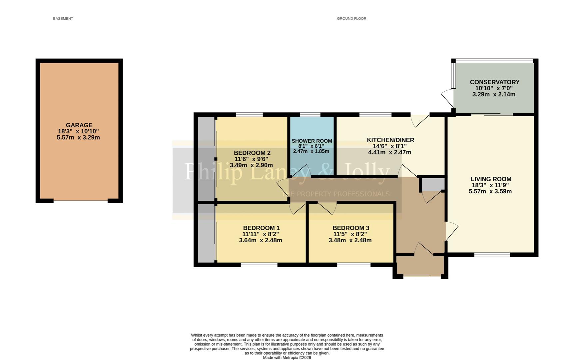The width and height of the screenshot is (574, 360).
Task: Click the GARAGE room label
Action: click(x=79, y=125)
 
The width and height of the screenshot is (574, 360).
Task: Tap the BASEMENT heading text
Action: click(x=63, y=19)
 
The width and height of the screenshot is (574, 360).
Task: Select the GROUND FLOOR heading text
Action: click(x=351, y=19)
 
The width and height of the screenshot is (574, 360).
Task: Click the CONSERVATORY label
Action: click(x=494, y=82)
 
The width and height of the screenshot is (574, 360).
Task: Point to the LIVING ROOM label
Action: click(x=491, y=179)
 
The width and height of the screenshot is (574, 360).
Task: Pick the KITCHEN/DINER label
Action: click(x=390, y=140)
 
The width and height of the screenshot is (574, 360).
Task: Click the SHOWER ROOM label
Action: click(x=312, y=141)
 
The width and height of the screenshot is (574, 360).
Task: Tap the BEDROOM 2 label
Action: click(x=252, y=153)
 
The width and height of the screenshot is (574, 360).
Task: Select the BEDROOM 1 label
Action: click(x=261, y=228)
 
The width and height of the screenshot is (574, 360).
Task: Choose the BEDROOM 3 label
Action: click(x=350, y=228)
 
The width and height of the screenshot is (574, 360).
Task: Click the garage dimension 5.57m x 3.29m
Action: click(x=78, y=137)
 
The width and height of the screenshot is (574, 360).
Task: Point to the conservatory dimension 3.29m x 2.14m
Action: click(x=494, y=94)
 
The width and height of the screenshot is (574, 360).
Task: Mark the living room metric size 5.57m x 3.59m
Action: click(x=490, y=191)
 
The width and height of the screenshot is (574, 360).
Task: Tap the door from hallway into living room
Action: click(x=451, y=231)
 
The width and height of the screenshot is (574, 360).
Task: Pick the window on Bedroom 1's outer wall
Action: click(x=259, y=265)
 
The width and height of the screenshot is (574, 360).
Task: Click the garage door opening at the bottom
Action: click(x=80, y=201)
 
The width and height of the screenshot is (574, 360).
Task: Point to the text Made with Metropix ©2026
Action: click(x=287, y=358)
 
